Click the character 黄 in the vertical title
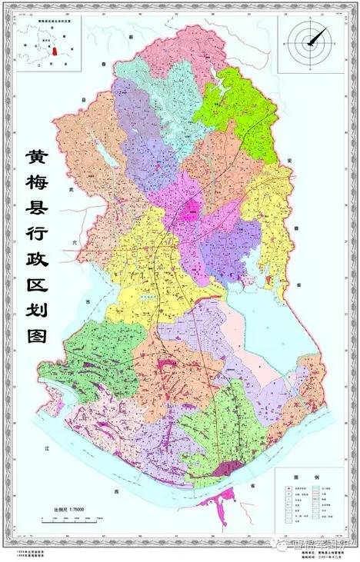tap(36, 158)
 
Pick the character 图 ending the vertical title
tap(36, 336)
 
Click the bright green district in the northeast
tap(238, 108)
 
